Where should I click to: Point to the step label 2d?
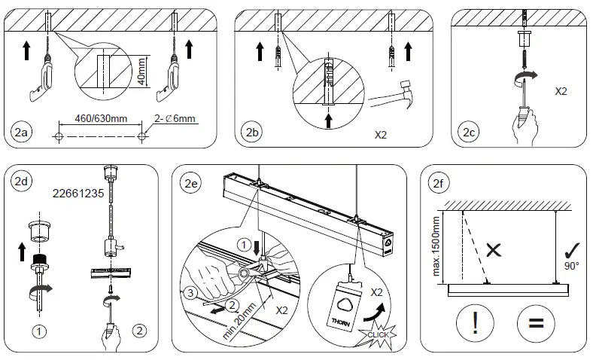(20, 181)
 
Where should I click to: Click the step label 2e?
(190, 181)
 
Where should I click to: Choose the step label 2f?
(437, 181)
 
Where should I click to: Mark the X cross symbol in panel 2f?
(494, 251)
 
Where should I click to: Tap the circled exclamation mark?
(475, 324)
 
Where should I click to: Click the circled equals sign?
(535, 324)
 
